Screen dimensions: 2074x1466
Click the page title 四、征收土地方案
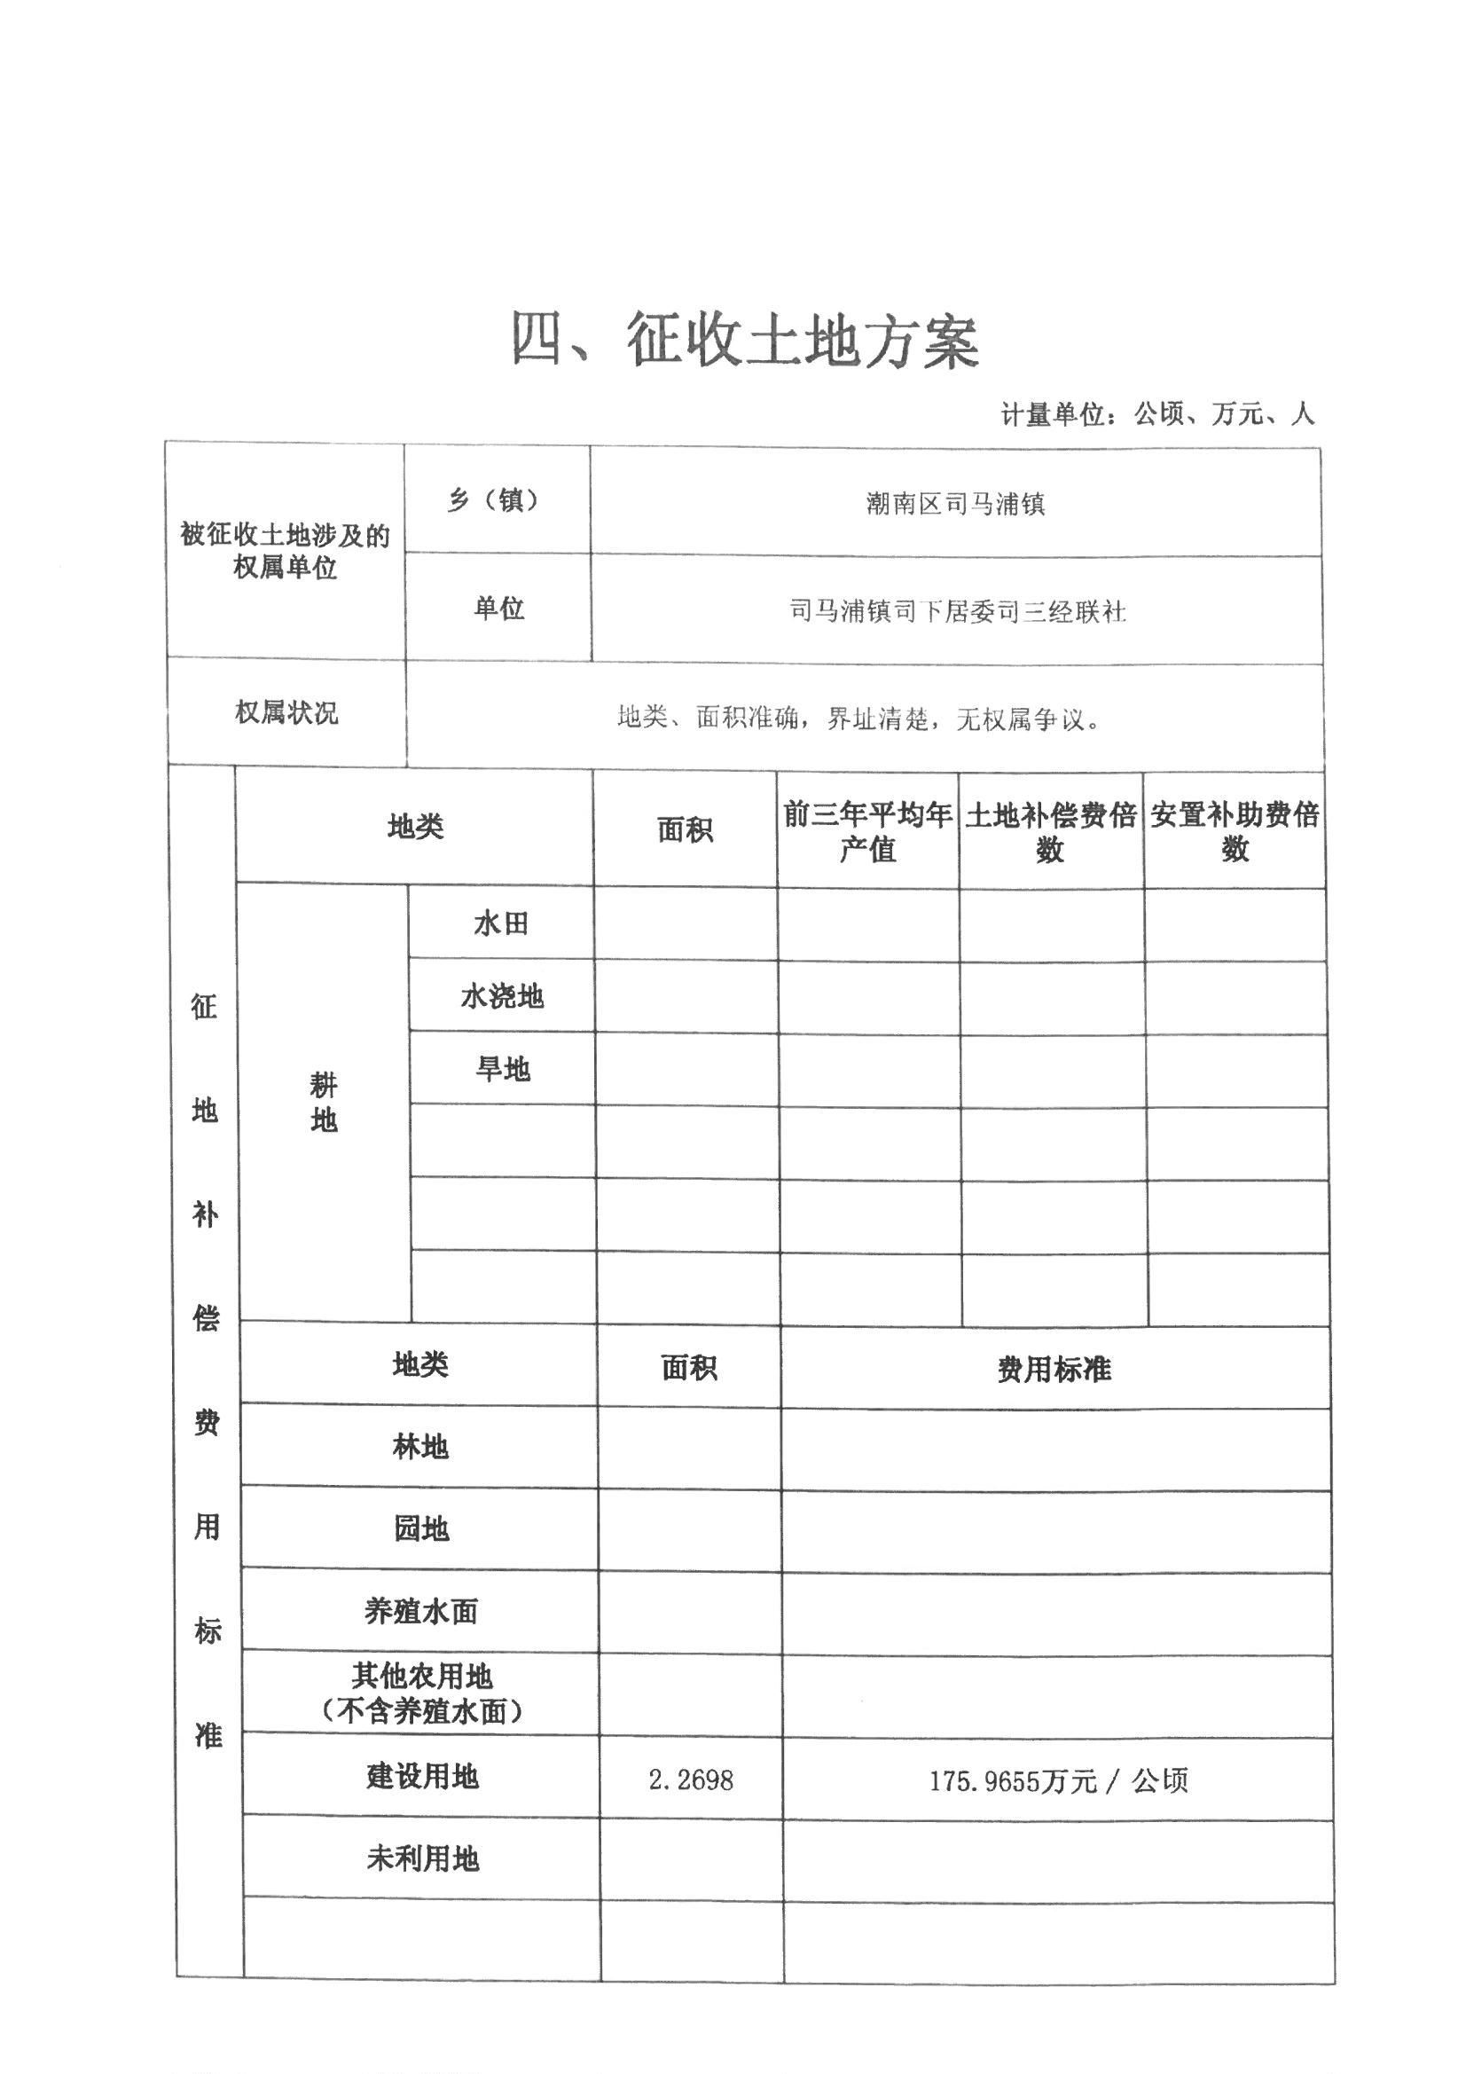[x=744, y=341]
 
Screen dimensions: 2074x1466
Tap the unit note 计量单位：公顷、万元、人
[x=1157, y=414]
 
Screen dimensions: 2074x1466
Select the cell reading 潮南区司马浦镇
[x=955, y=503]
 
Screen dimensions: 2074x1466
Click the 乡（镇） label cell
[x=495, y=499]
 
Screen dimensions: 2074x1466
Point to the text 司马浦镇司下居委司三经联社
[x=957, y=611]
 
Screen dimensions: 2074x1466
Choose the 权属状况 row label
[x=286, y=712]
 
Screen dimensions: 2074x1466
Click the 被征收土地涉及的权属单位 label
[x=285, y=551]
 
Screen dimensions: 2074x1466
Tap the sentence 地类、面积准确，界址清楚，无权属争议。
[x=858, y=719]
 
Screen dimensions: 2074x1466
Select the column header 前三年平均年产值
[x=867, y=831]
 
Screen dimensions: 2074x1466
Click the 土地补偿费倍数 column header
[x=1050, y=832]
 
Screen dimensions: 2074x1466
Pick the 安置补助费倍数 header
[x=1235, y=831]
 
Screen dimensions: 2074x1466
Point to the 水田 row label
[x=500, y=923]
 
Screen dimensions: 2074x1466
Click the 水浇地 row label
[x=501, y=996]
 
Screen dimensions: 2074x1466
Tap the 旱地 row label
[x=502, y=1070]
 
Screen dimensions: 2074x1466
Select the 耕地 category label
[x=324, y=1102]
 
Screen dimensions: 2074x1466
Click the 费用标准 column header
[x=1054, y=1370]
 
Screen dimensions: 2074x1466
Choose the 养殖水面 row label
[x=420, y=1611]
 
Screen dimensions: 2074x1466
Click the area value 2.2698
[x=690, y=1780]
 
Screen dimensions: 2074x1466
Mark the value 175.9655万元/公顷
[x=1058, y=1781]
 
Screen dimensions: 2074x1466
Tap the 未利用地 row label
[x=422, y=1858]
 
